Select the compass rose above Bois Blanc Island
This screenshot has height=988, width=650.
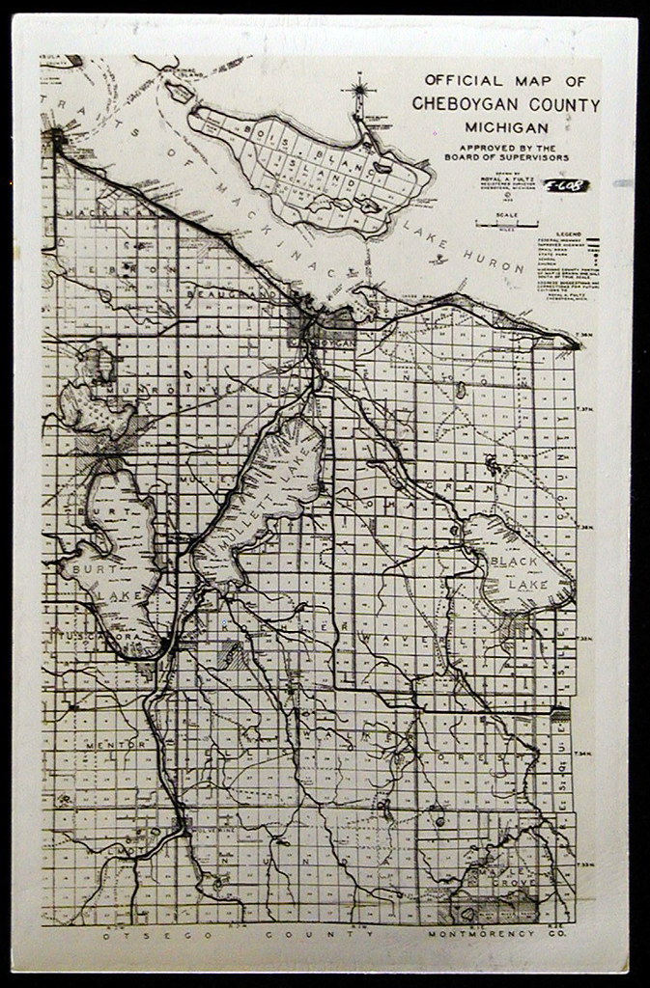360,94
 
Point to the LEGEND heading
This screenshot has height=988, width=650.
569,233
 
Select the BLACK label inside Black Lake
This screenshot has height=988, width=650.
512,562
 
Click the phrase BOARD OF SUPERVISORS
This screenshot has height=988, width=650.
507,156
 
